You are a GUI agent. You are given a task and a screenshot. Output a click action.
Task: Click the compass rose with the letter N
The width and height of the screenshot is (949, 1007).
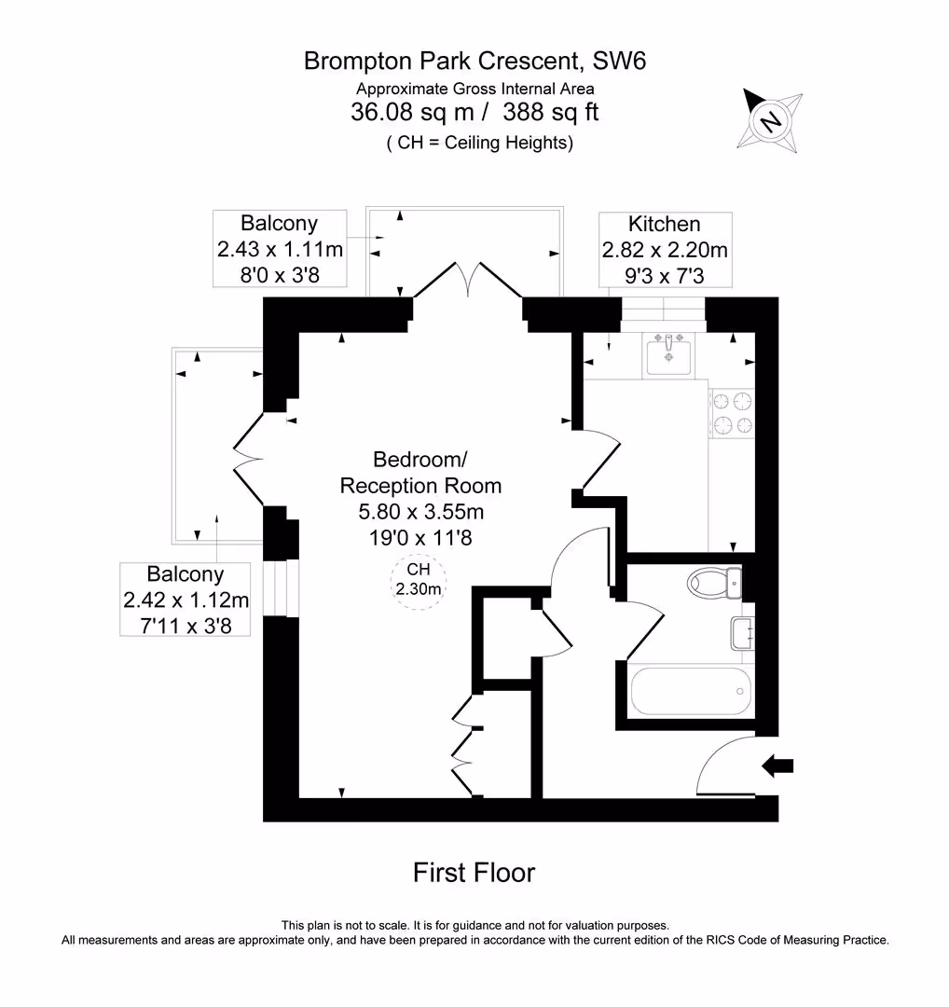click(771, 120)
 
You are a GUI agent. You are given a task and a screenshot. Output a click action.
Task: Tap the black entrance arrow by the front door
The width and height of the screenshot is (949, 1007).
click(777, 766)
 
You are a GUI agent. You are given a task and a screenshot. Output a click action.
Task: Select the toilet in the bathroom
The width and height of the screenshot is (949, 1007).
click(715, 583)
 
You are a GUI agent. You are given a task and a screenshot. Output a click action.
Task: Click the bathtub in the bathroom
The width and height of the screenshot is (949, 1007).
click(691, 691)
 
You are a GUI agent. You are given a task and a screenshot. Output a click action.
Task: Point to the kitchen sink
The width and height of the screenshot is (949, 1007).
click(668, 354)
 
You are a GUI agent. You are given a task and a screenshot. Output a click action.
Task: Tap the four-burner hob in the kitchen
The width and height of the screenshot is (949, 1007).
click(732, 413)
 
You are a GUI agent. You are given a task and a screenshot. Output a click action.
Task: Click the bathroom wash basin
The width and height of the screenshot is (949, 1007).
click(742, 633)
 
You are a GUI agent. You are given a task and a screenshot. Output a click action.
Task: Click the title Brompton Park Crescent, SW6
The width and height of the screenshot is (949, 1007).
click(474, 61)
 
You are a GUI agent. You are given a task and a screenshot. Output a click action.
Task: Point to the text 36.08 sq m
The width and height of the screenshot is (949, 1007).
click(412, 112)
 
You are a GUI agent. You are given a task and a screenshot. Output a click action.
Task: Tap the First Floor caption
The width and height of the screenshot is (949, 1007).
click(474, 872)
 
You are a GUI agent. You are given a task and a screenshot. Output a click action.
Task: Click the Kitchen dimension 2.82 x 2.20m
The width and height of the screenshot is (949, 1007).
click(665, 249)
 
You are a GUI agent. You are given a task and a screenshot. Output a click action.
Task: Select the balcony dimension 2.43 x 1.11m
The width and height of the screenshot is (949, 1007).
click(280, 249)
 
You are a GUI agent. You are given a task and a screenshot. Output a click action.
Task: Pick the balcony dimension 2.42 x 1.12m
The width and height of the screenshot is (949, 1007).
click(186, 600)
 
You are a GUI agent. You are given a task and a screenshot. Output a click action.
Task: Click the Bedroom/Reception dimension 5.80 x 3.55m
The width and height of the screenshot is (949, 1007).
click(420, 511)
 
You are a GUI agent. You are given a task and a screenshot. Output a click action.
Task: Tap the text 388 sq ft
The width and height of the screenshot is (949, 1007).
click(551, 112)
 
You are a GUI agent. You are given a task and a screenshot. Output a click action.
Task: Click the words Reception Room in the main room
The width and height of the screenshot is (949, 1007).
click(420, 486)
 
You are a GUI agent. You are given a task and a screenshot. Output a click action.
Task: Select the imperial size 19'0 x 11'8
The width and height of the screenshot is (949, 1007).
click(420, 537)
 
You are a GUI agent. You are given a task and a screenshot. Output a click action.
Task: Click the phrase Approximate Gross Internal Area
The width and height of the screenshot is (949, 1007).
click(475, 89)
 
